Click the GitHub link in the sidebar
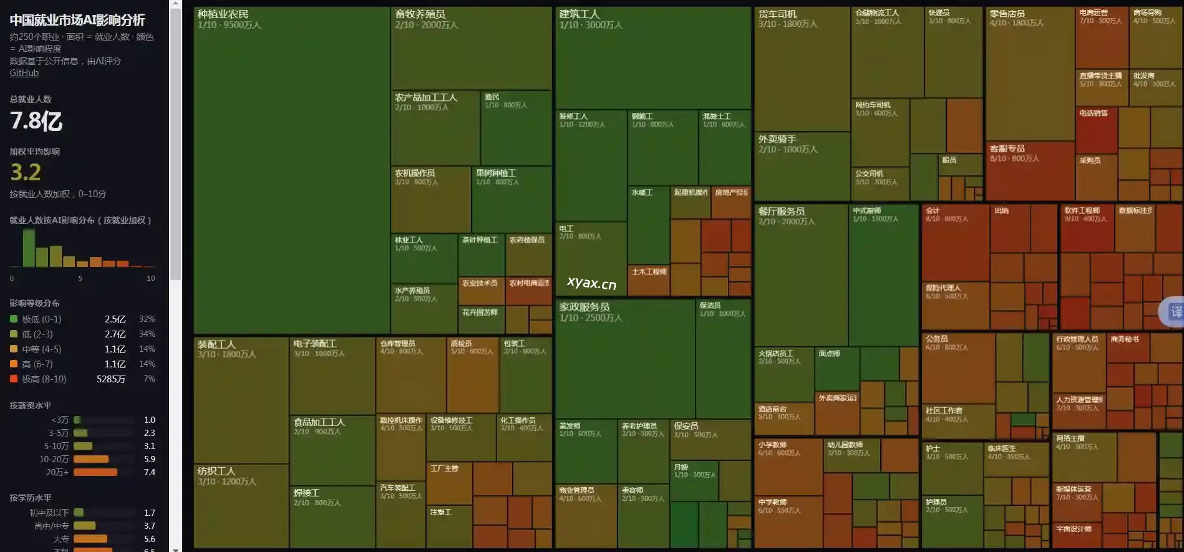[x=24, y=73]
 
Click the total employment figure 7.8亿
[x=36, y=120]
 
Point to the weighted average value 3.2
[x=26, y=172]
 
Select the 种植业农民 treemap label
[x=223, y=14]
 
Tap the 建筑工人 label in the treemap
[x=579, y=14]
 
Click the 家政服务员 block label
[x=584, y=307]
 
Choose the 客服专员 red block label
[x=1007, y=148]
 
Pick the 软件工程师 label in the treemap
[x=1082, y=211]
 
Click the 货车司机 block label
[x=777, y=14]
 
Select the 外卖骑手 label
[x=777, y=139]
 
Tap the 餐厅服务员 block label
[x=781, y=211]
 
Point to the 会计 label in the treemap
[x=933, y=211]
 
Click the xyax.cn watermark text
[x=591, y=283]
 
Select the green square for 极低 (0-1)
[x=14, y=319]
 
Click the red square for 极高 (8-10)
[x=14, y=379]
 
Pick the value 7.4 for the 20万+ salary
[x=149, y=472]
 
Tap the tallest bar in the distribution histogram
[x=29, y=248]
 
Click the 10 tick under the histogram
[x=150, y=278]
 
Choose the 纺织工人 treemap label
[x=216, y=472]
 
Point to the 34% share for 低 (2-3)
[x=147, y=334]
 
